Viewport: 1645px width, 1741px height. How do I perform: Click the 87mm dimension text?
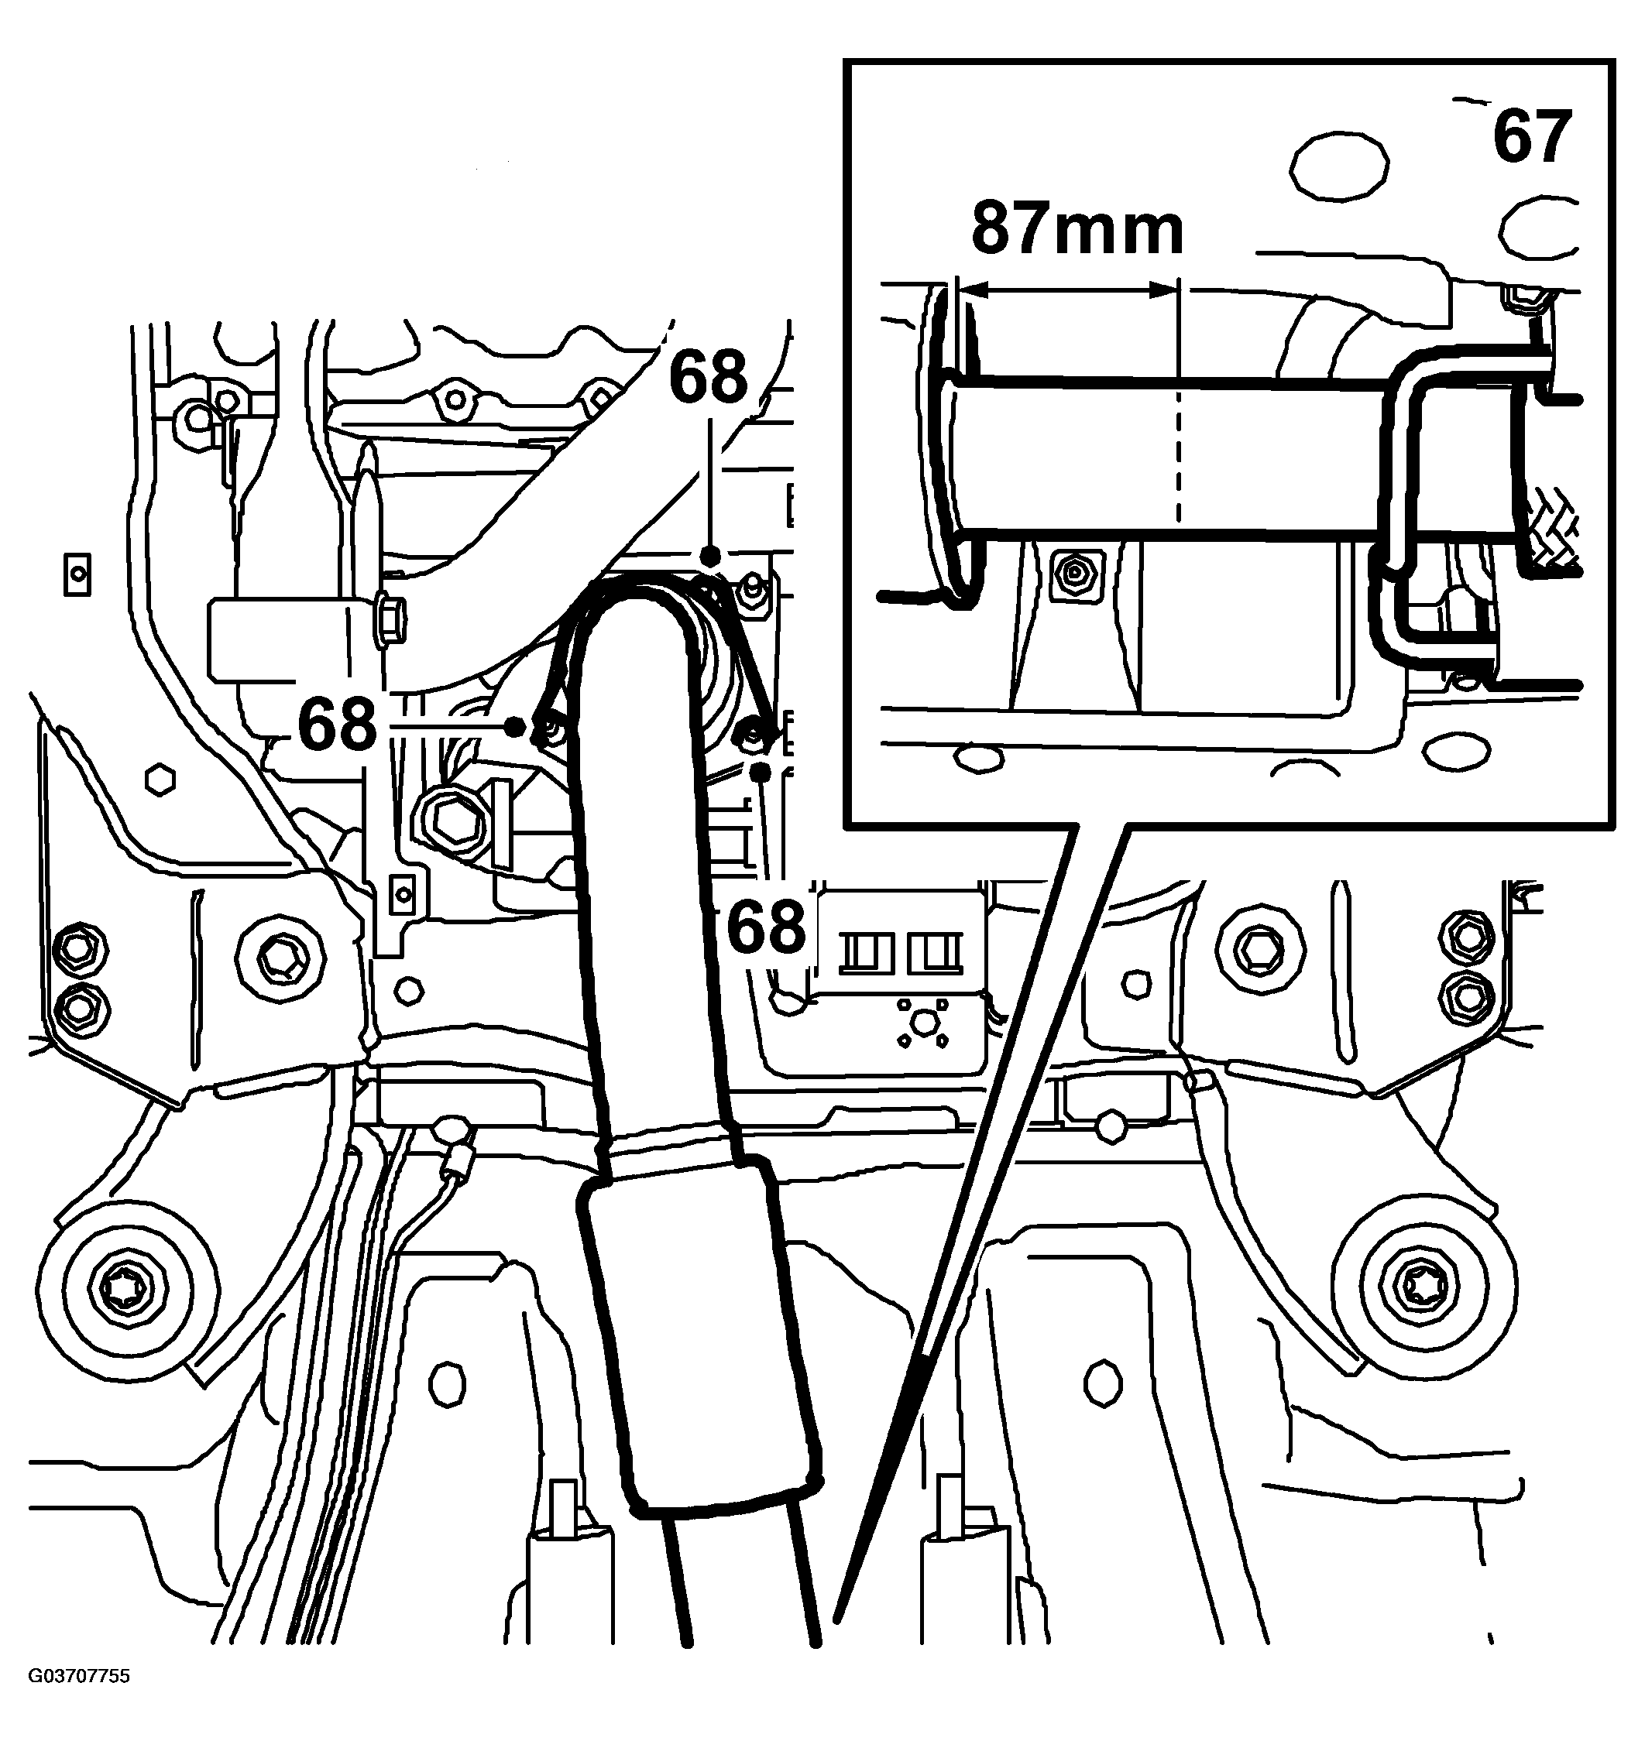pos(1077,230)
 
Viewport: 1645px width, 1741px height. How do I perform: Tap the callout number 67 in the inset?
pos(1531,138)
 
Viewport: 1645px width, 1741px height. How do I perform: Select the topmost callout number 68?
pos(709,377)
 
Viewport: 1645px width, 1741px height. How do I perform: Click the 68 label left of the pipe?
pos(337,725)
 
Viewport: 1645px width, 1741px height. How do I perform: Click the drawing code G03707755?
pos(79,1701)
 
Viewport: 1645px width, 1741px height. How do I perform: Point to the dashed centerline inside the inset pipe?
pos(1180,456)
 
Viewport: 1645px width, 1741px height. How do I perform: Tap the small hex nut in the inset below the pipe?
pos(1073,574)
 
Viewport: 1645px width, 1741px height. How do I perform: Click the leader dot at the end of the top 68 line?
pos(711,555)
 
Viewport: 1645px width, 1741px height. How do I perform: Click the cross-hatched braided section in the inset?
pos(1554,535)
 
